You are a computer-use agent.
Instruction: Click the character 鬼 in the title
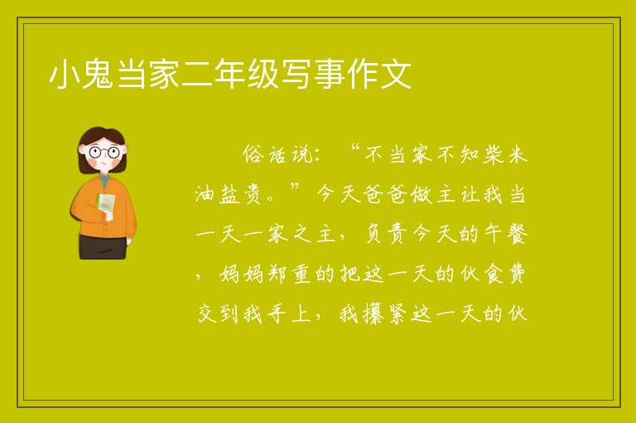coord(98,74)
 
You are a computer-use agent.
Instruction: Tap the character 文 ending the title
coord(396,74)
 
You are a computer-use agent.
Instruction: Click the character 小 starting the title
coord(64,74)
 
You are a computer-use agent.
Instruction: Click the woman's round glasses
coord(104,153)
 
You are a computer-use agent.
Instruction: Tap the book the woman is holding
coord(106,203)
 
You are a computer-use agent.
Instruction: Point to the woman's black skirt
coord(102,246)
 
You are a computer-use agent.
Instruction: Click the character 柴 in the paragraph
coord(493,155)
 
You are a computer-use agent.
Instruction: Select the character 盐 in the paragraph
coord(230,194)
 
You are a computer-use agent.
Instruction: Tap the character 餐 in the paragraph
coord(517,235)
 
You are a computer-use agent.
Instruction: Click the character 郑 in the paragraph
coord(277,275)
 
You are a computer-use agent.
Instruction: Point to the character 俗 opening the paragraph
coord(253,155)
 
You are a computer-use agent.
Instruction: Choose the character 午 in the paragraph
coord(493,235)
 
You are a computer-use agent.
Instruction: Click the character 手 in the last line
coord(277,314)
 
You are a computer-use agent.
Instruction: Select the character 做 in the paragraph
coord(421,194)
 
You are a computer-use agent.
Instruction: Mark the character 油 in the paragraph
coord(205,194)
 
